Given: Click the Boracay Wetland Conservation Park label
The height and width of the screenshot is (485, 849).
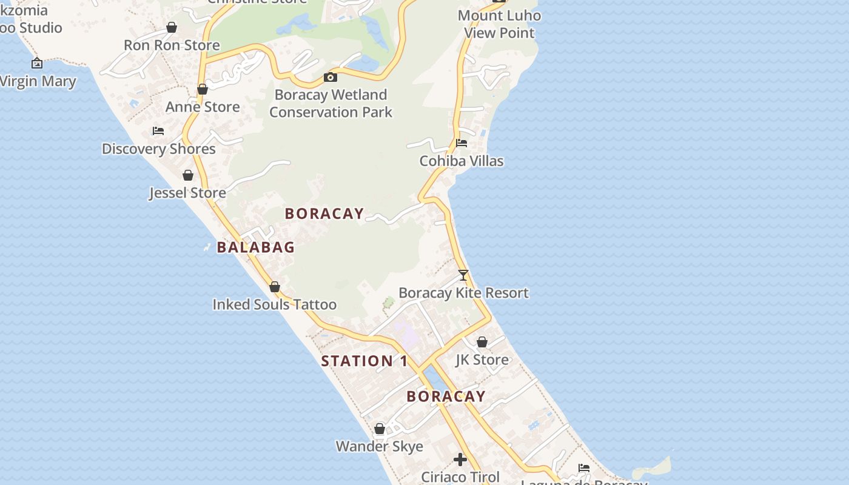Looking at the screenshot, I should pos(331,103).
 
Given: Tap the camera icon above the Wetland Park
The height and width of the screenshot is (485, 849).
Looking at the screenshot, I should pos(331,77).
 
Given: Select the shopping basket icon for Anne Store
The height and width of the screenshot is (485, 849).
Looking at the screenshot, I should pos(203,89).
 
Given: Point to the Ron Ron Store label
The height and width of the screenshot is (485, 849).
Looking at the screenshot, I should pos(172,45).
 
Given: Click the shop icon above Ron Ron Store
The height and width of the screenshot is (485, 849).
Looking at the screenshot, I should pos(172,27).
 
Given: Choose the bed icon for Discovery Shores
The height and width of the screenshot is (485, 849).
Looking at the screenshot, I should pos(158,131).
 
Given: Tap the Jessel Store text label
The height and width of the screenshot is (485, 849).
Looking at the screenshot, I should pos(187,193).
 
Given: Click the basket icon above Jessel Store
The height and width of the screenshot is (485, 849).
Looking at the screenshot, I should pos(188,175).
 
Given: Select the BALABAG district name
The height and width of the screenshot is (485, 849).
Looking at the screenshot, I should pos(255,247).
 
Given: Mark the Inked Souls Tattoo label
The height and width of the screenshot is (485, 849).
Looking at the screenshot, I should pos(274,304).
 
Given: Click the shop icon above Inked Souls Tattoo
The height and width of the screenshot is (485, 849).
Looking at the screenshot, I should pos(275,287).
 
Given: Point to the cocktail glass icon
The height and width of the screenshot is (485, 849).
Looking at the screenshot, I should pos(463,275).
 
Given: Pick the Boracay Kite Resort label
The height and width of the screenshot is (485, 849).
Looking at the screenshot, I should pos(463,293).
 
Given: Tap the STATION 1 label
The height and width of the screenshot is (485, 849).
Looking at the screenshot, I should pos(364,361).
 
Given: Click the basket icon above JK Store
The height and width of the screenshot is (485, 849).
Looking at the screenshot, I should pos(482,343).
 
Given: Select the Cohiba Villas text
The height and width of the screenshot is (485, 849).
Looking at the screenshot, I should pos(461,161).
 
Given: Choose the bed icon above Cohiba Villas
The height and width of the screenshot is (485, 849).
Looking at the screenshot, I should pos(461,143).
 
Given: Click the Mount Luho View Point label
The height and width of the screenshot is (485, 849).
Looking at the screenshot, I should pos(499,24).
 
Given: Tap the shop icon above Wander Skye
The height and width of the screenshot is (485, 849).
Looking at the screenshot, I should pos(380,429).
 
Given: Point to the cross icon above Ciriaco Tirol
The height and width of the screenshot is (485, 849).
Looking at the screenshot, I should pos(460,460).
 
